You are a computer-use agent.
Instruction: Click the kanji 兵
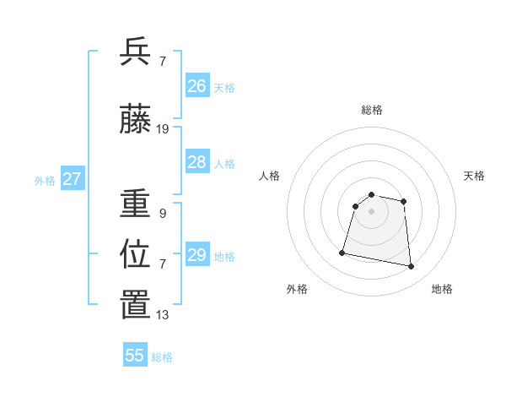point(135,52)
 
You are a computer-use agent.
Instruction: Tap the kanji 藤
point(135,120)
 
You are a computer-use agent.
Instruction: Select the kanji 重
point(135,204)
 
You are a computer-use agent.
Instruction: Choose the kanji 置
point(135,306)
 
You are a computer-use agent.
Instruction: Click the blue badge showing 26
point(197,86)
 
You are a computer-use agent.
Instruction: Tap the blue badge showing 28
point(197,162)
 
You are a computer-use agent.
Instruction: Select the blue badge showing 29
point(197,255)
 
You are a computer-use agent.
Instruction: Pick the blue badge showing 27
point(72,179)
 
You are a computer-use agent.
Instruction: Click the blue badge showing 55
point(135,356)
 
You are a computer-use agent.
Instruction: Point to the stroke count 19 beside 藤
point(163,129)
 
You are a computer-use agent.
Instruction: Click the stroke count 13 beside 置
point(163,315)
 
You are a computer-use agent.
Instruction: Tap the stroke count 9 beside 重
point(163,214)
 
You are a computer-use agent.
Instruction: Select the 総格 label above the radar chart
point(372,110)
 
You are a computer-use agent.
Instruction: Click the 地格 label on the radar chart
point(442,289)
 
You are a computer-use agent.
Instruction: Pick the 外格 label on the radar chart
point(297,289)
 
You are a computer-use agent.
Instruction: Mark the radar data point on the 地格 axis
point(411,267)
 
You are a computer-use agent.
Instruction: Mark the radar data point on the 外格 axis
point(342,252)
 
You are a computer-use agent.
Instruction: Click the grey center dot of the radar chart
point(371,211)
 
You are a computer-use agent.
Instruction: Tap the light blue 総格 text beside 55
point(162,357)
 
